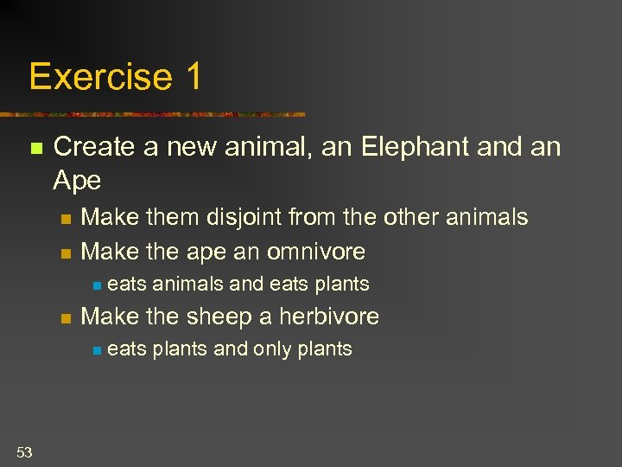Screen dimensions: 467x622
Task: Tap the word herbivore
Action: [327, 317]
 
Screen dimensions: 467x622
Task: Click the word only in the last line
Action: [273, 349]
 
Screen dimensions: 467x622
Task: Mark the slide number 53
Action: [23, 451]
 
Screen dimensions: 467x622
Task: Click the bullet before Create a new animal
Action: [35, 149]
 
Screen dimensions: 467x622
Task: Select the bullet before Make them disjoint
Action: [65, 219]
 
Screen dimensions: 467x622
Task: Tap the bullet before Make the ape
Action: [65, 253]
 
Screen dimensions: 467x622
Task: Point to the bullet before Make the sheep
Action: [65, 318]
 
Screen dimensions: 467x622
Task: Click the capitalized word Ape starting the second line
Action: [77, 180]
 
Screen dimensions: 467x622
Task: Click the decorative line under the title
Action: [155, 114]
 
